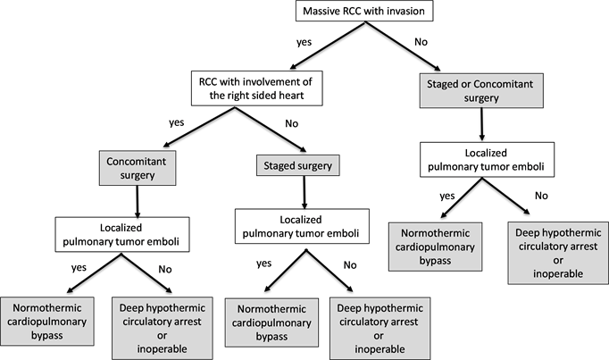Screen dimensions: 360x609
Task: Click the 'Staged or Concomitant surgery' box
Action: tap(481, 90)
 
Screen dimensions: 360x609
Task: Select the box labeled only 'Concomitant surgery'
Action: tap(138, 167)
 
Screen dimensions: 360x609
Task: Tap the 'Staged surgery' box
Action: tap(298, 165)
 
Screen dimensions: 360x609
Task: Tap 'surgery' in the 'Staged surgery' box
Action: tap(316, 165)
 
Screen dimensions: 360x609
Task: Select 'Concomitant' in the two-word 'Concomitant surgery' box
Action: tap(138, 161)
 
